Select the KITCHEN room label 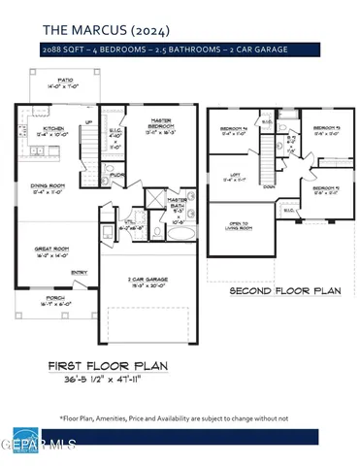[x=53, y=127]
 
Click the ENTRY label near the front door [x=79, y=273]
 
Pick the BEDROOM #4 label [x=234, y=128]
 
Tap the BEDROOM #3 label [x=325, y=128]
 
